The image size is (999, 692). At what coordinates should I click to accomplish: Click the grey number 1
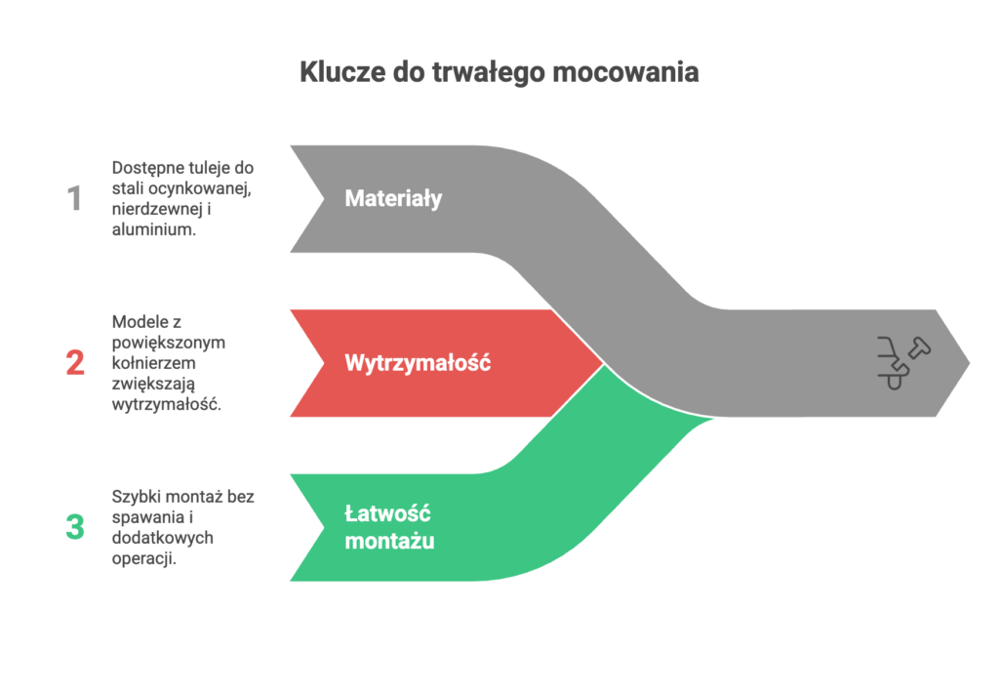74,198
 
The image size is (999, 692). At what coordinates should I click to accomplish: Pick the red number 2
75,362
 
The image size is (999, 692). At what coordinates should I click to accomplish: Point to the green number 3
75,527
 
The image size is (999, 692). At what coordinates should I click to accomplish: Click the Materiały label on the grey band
394,199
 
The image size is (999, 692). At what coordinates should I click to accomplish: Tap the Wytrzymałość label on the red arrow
418,363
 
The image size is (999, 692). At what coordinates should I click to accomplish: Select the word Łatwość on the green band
388,513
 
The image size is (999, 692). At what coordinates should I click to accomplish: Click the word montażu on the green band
390,541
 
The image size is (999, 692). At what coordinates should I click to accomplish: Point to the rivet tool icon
903,362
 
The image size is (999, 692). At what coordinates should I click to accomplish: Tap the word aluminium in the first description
153,229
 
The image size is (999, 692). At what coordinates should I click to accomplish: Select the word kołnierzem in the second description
153,362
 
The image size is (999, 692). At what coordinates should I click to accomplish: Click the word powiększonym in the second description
168,344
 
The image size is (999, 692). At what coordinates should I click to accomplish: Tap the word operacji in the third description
144,559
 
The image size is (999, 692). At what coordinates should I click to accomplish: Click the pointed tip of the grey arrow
969,363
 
